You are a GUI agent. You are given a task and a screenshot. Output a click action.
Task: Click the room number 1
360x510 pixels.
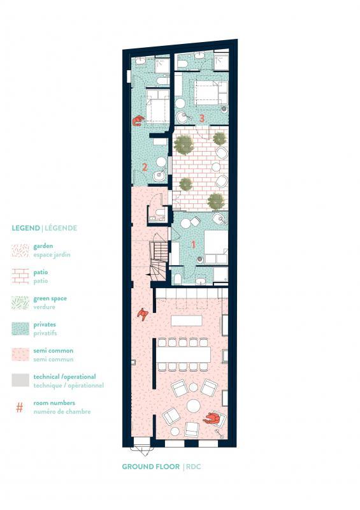point(194,244)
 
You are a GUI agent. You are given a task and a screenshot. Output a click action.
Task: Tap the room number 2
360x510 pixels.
point(145,168)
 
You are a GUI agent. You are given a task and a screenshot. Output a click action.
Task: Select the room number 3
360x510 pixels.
point(201,117)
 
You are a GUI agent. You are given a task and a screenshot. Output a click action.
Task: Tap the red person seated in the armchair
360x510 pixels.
point(213,418)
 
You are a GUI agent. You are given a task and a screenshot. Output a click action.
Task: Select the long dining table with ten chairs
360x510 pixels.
point(184,353)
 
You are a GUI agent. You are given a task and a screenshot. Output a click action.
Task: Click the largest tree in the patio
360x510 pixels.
point(184,145)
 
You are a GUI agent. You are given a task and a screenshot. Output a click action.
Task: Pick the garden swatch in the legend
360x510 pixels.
point(20,250)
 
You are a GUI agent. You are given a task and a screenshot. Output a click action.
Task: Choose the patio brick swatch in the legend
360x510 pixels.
point(20,276)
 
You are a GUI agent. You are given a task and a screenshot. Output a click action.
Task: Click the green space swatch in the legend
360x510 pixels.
point(20,302)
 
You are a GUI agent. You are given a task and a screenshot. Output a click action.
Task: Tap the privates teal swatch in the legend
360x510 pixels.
point(20,328)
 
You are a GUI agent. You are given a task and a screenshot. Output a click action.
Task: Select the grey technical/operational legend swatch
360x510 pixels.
point(20,380)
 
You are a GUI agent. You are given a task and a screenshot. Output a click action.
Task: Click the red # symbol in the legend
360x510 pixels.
point(19,407)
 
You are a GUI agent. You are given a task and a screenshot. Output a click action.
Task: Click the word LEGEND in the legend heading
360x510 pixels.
point(25,228)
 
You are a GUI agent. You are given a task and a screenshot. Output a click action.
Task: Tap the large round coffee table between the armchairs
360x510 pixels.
point(193,406)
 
